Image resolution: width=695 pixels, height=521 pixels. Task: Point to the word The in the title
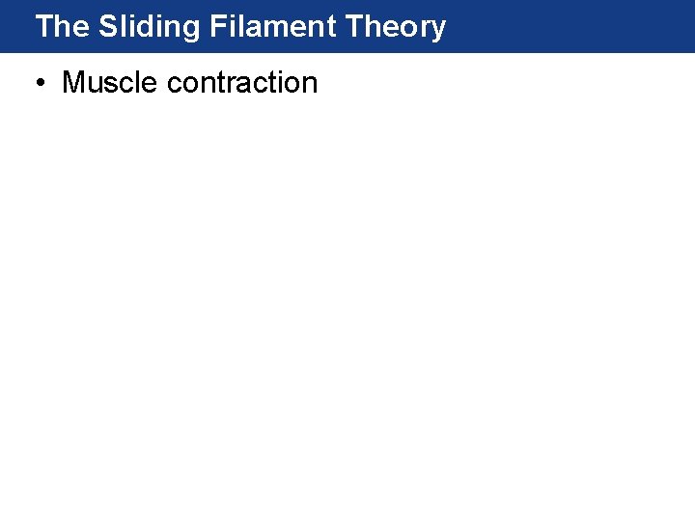click(x=61, y=27)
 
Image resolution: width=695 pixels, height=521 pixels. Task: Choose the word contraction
click(x=242, y=83)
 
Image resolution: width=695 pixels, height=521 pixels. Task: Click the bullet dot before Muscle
click(x=40, y=84)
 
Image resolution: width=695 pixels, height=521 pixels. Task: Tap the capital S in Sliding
click(x=107, y=27)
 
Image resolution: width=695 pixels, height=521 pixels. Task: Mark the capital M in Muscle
click(x=73, y=83)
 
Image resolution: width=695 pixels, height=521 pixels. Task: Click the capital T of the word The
click(x=44, y=27)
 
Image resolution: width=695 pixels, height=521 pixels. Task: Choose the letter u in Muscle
click(x=94, y=85)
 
